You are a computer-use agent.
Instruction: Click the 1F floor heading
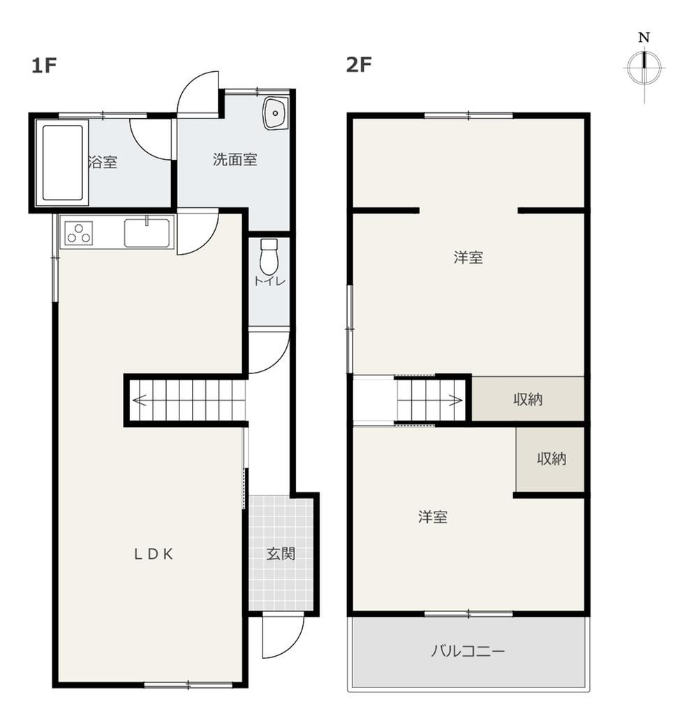pos(44,66)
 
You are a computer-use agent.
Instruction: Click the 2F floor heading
pos(359,64)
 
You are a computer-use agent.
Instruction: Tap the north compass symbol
pos(644,67)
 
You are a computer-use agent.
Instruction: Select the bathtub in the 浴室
pos(62,163)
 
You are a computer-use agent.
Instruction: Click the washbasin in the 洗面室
pos(275,113)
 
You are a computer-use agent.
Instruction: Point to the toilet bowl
pos(269,256)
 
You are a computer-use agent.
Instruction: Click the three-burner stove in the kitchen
pos(79,232)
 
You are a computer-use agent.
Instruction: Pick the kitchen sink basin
pos(147,232)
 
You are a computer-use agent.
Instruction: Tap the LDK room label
pos(154,554)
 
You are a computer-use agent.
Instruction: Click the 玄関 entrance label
pos(281,554)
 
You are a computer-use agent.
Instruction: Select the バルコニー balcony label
pos(468,651)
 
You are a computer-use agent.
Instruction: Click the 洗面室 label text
pos(235,160)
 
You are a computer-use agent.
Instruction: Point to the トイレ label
pos(269,281)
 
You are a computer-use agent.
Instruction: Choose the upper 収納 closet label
pos(528,399)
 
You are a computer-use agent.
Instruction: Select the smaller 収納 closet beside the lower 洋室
pos(550,459)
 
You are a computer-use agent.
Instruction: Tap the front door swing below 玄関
pos(283,637)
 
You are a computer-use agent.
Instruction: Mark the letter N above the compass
pos(644,38)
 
